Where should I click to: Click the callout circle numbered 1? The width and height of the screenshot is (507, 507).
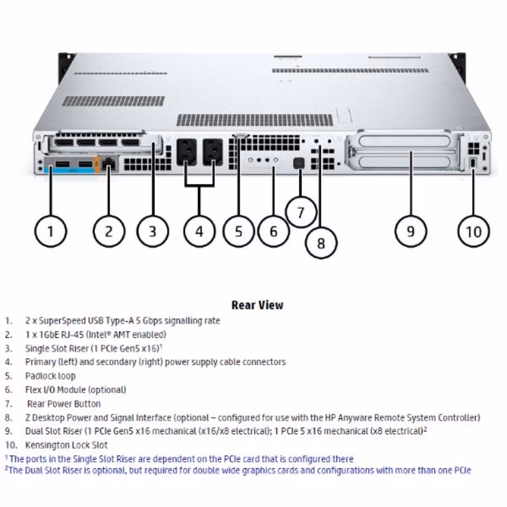pyautogui.click(x=50, y=231)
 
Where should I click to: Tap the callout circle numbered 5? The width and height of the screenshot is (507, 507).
pyautogui.click(x=239, y=231)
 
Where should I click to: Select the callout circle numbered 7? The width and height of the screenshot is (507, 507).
pyautogui.click(x=301, y=212)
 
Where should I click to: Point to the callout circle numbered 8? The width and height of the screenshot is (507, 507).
pyautogui.click(x=321, y=243)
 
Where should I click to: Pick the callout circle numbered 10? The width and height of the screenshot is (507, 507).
pyautogui.click(x=473, y=231)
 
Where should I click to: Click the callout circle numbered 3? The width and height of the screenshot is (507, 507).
pyautogui.click(x=152, y=231)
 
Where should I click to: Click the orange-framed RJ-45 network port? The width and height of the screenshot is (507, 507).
pyautogui.click(x=109, y=163)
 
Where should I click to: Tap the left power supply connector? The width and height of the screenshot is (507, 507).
pyautogui.click(x=186, y=152)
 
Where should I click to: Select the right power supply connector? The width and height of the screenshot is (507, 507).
pyautogui.click(x=213, y=152)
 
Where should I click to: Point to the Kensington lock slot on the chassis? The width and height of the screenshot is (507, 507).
pyautogui.click(x=473, y=163)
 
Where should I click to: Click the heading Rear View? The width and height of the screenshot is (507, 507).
pyautogui.click(x=257, y=305)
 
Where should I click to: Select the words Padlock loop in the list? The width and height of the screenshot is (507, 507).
pyautogui.click(x=51, y=376)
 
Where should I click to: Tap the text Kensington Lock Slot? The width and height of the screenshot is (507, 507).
pyautogui.click(x=66, y=445)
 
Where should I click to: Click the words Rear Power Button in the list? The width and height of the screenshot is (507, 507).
pyautogui.click(x=64, y=404)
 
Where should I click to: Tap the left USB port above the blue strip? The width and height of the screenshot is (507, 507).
pyautogui.click(x=62, y=164)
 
